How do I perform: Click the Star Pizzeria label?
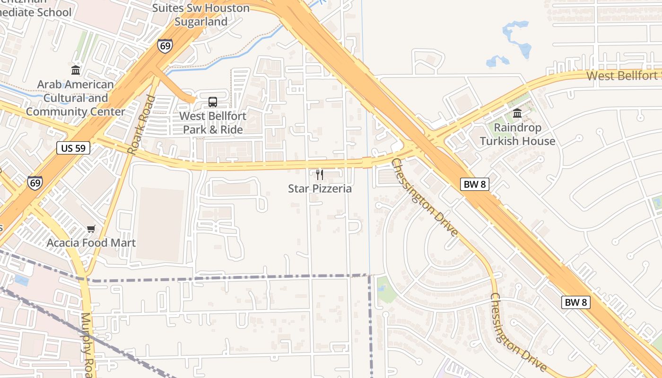point(320,189)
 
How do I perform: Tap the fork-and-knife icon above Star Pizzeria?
point(320,175)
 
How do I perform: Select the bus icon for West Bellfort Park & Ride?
point(213,102)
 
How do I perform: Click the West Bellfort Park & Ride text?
point(213,122)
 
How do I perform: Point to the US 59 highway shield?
point(73,148)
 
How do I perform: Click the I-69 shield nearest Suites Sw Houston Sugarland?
point(165,46)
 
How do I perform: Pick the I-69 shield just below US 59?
point(35,183)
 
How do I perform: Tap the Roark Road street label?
point(141,125)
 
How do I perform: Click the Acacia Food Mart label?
point(91,243)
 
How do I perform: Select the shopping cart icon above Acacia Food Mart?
point(91,229)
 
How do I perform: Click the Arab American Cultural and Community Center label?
point(76,98)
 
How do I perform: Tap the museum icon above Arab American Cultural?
point(76,70)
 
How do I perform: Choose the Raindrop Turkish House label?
point(517,134)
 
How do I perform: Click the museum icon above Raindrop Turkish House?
point(517,113)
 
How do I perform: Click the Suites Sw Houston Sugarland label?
point(201,15)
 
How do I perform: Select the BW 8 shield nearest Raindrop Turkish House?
point(474,185)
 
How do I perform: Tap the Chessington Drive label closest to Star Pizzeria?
point(424,198)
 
